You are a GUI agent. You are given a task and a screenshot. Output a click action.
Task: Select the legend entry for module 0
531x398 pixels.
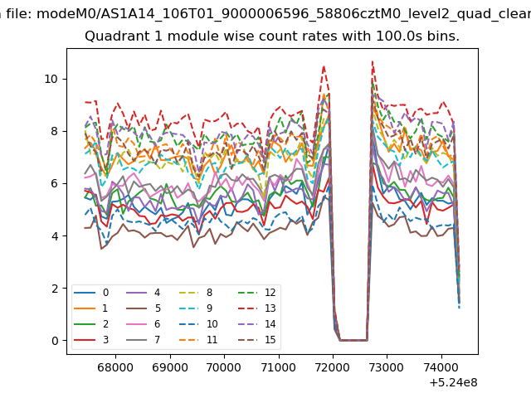(x=91, y=293)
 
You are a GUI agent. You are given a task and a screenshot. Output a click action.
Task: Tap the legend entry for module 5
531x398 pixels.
(x=143, y=308)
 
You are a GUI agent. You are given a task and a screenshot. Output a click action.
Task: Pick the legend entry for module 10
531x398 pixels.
(x=198, y=324)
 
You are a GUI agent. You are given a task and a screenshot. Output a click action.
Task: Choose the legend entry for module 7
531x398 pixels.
(x=143, y=339)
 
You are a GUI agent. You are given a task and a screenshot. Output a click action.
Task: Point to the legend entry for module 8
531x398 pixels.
(x=196, y=293)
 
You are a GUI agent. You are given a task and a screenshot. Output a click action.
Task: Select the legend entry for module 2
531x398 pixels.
(x=91, y=324)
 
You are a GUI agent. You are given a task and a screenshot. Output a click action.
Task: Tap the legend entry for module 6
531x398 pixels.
(x=143, y=324)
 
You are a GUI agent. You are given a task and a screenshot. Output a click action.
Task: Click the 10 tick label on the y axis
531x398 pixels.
(x=51, y=79)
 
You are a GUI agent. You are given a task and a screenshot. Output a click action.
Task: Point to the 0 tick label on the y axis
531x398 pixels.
(x=55, y=341)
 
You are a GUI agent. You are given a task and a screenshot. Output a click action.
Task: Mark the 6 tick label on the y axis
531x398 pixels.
(x=55, y=183)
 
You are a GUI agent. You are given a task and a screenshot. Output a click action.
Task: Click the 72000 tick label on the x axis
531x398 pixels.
(x=333, y=367)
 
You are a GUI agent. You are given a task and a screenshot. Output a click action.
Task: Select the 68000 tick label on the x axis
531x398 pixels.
(x=115, y=367)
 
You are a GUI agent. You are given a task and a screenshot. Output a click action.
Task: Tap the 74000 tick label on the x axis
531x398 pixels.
(x=441, y=367)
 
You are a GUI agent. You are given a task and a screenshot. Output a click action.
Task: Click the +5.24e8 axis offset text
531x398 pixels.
(x=454, y=382)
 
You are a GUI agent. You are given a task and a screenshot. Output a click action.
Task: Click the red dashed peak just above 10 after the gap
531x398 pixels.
(x=373, y=61)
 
